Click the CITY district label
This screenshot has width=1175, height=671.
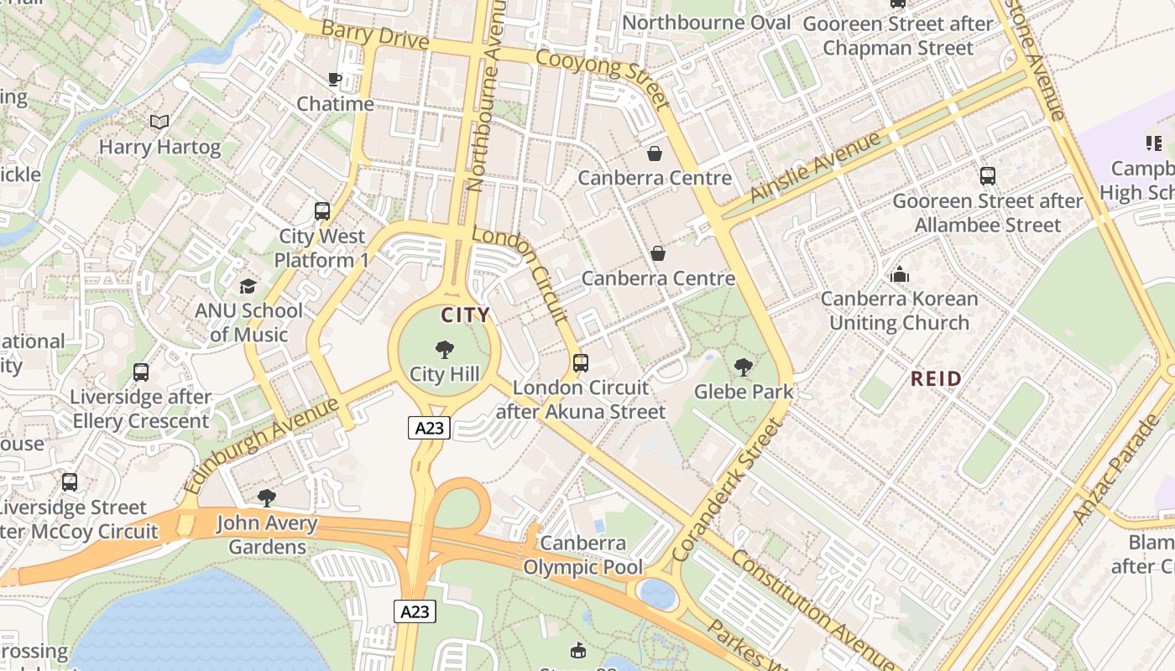point(465,315)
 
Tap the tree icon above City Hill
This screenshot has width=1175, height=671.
point(444,349)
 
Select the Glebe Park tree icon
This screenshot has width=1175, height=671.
point(743,367)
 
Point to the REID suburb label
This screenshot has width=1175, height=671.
point(936,379)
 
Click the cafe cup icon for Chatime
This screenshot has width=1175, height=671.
point(334,80)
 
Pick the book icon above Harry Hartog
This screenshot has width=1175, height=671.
point(159,122)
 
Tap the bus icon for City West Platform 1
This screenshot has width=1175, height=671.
point(322,211)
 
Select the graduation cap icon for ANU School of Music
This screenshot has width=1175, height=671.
point(248,286)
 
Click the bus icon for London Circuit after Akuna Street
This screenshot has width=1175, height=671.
point(581,363)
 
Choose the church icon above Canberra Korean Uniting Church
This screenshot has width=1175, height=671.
point(900,274)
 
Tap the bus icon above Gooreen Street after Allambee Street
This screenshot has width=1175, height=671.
point(988,176)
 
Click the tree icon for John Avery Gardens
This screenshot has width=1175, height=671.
point(267,498)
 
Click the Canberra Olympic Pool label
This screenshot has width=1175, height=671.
point(583,555)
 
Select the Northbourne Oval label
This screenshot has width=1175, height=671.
point(707,23)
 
